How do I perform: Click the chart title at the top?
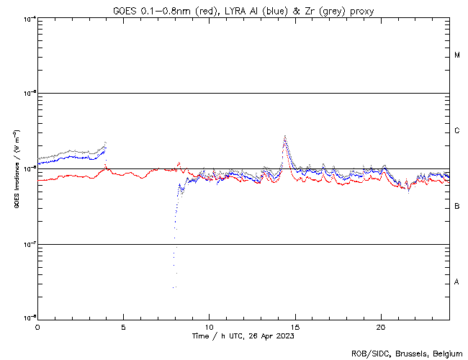(x=243, y=11)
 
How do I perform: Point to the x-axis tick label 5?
(x=123, y=326)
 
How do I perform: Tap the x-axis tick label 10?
(x=209, y=326)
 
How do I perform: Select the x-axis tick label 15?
(x=294, y=326)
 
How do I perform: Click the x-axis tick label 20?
(x=380, y=326)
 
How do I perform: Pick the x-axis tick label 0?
(x=37, y=326)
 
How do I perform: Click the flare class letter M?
(x=457, y=55)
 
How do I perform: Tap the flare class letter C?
(x=457, y=131)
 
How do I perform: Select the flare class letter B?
(x=457, y=207)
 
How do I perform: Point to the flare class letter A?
(x=457, y=282)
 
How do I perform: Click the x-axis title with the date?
(x=243, y=336)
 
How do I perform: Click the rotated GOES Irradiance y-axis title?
(x=16, y=169)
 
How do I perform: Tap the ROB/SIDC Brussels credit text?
(x=407, y=353)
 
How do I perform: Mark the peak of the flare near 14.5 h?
(x=285, y=135)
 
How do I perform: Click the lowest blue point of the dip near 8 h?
(x=174, y=287)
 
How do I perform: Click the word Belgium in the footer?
(x=447, y=353)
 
